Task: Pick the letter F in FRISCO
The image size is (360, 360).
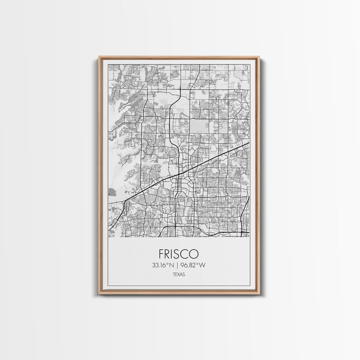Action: pyautogui.click(x=161, y=253)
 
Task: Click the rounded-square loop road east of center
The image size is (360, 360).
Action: pyautogui.click(x=214, y=148)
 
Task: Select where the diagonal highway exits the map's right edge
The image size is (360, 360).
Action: pyautogui.click(x=249, y=143)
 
